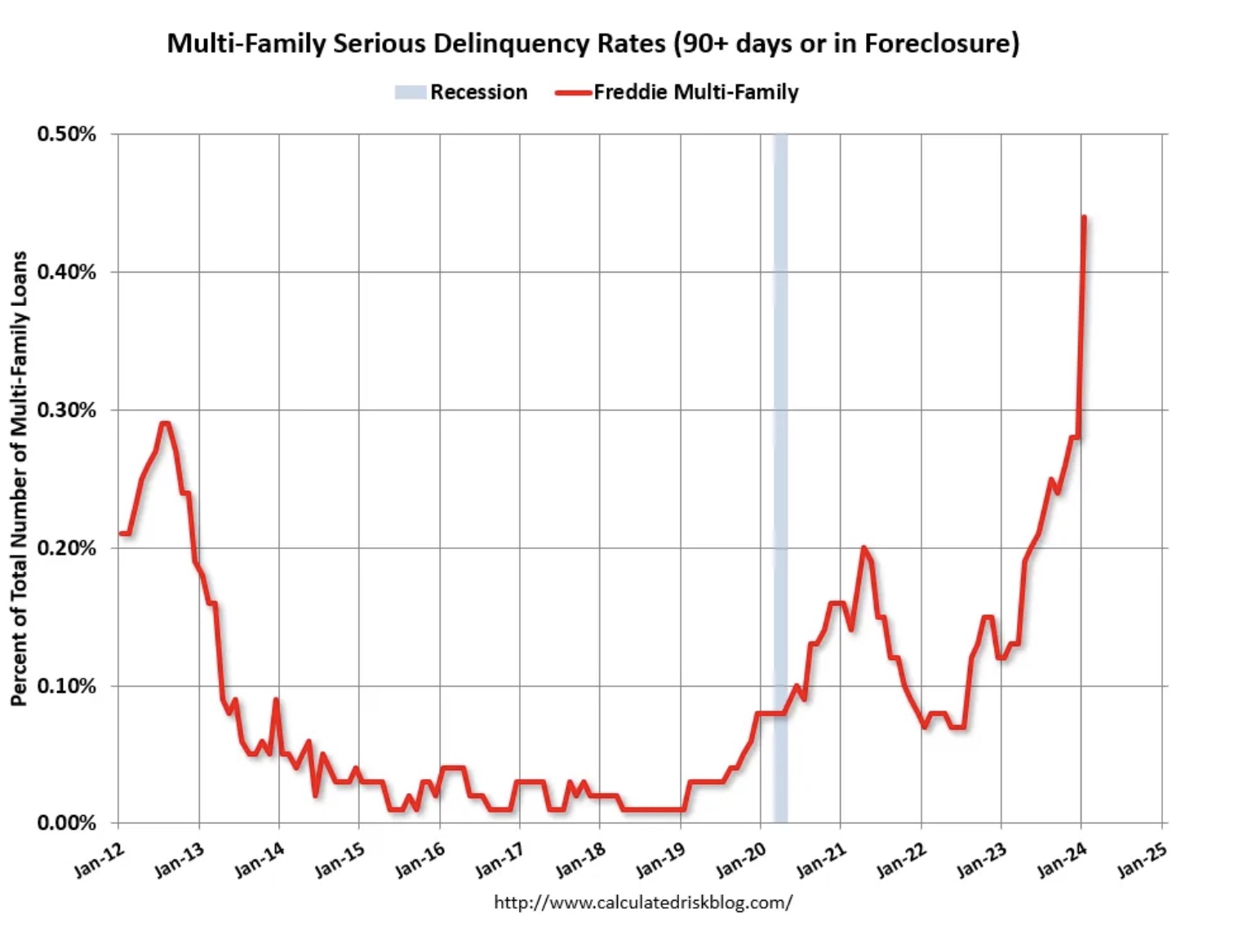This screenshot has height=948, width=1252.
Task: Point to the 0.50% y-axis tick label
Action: tap(66, 134)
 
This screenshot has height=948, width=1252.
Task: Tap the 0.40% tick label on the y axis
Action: tap(66, 272)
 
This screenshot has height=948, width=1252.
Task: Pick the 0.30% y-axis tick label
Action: tap(66, 410)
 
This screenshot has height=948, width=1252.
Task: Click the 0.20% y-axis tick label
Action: tap(66, 547)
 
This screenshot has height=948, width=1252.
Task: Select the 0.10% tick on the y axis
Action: tap(66, 685)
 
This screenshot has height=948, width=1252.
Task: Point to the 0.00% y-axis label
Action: tap(66, 822)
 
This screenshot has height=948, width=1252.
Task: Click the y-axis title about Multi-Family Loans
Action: tap(20, 478)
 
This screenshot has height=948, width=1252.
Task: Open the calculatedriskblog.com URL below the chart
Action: tap(643, 901)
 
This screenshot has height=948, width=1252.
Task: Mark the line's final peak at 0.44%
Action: tap(1083, 217)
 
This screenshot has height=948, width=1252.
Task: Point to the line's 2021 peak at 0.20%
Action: tap(863, 547)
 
